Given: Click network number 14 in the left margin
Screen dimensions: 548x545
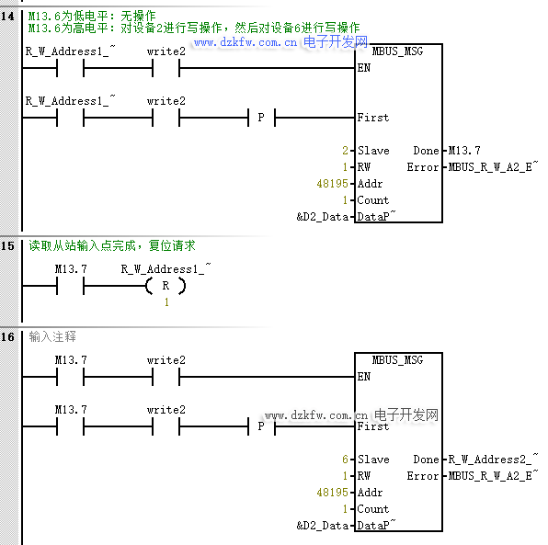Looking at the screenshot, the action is (x=7, y=17).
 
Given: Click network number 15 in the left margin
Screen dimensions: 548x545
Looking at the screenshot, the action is (x=7, y=246).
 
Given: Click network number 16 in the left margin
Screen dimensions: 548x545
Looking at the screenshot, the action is (x=7, y=337).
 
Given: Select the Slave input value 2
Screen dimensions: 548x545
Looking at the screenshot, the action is (x=346, y=151).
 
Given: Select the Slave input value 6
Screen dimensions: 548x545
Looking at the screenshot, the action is (x=346, y=460).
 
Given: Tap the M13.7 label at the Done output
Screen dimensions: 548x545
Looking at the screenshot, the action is (x=464, y=151).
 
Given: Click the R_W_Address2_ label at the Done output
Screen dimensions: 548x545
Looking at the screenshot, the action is (x=493, y=459).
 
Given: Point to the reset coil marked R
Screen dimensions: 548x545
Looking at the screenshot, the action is (x=166, y=286).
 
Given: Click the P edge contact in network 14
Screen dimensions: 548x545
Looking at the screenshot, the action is (x=261, y=118).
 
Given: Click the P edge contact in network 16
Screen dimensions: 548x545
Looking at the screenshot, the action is (x=261, y=426).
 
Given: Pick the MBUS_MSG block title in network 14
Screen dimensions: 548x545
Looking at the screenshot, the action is (x=397, y=51).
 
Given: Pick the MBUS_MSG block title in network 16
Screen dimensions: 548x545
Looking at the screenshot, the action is (x=397, y=360).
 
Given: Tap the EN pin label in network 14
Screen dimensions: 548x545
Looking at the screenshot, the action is (x=364, y=68).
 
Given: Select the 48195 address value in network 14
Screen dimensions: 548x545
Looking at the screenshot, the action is (x=332, y=184).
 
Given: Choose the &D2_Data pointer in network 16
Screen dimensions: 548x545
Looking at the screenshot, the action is (x=322, y=526).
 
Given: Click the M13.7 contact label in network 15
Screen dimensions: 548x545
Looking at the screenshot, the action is (x=71, y=269).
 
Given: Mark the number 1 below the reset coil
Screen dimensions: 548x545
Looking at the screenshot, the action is (x=166, y=302).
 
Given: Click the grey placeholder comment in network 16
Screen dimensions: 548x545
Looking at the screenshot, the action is (x=52, y=336).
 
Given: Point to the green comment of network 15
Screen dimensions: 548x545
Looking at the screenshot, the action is (x=112, y=245).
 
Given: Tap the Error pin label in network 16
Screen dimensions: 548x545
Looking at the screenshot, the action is (x=423, y=476).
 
